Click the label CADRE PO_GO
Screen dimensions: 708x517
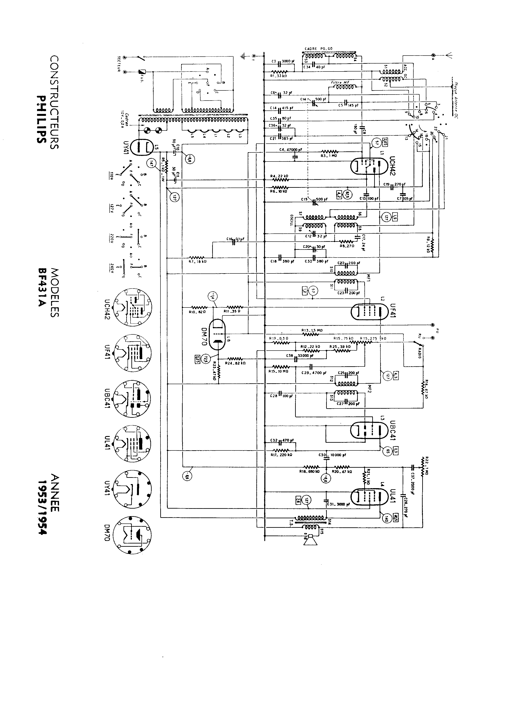(x=318, y=49)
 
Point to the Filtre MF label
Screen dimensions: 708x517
(x=340, y=82)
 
